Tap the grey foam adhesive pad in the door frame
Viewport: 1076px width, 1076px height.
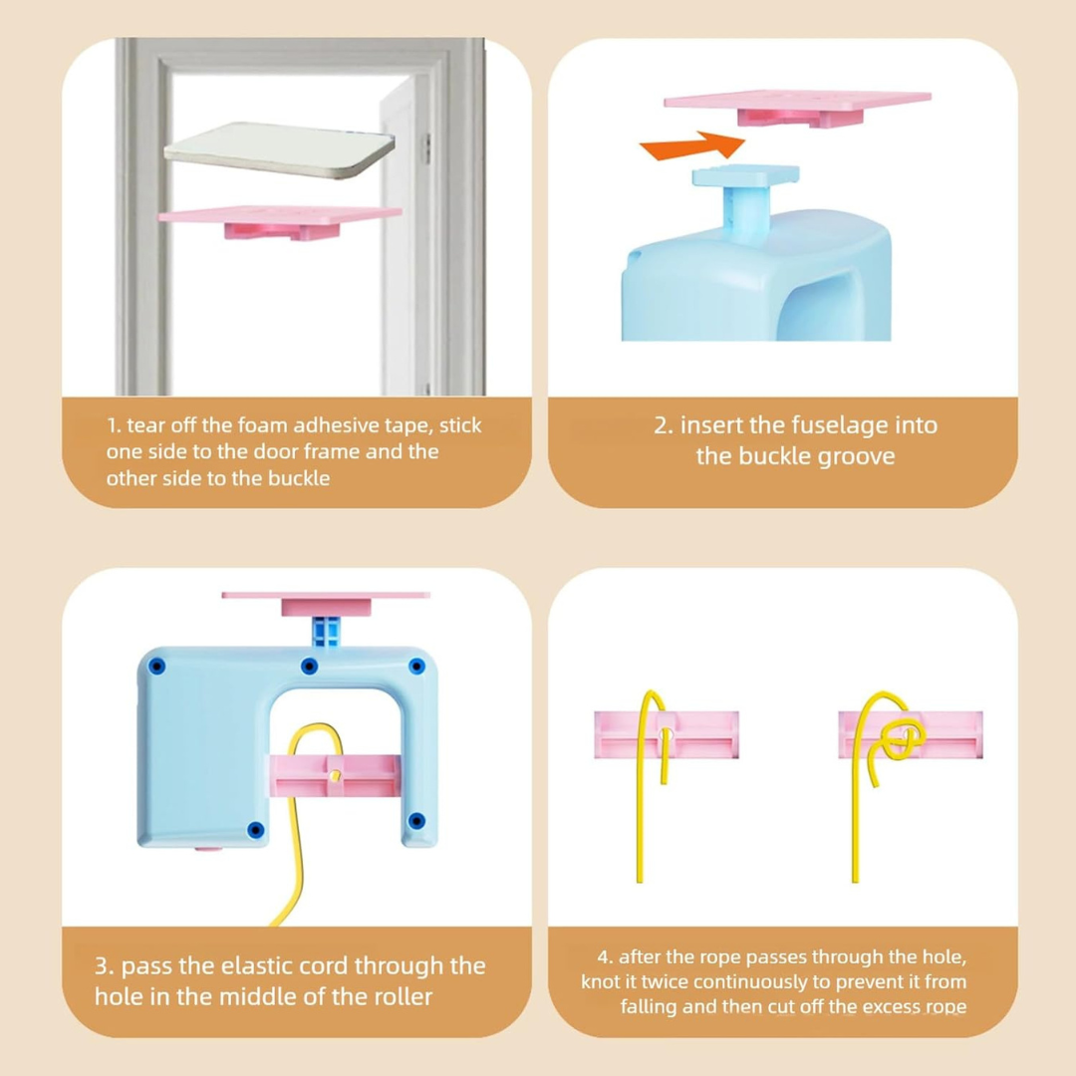coord(279,149)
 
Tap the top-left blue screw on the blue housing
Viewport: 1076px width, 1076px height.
coord(157,667)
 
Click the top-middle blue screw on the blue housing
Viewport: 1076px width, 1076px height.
coord(310,666)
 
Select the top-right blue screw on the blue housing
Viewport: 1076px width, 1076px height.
coord(416,667)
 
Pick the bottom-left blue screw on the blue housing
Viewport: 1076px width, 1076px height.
coord(255,830)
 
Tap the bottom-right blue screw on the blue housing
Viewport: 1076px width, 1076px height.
coord(416,821)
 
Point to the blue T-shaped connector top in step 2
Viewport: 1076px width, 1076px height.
coord(745,176)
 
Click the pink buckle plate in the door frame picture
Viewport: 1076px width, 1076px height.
coord(280,221)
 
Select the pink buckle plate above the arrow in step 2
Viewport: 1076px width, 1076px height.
coord(797,108)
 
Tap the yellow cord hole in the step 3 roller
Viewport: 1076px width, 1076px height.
coord(335,776)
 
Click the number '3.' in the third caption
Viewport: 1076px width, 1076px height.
coord(105,966)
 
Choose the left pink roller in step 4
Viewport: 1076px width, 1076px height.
coord(667,735)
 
